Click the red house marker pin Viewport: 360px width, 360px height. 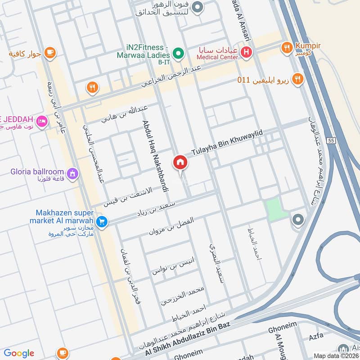180,162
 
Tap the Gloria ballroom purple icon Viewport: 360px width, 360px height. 72,173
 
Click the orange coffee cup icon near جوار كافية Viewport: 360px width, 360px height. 50,53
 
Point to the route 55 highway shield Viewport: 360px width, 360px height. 331,140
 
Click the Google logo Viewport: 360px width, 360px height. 19,353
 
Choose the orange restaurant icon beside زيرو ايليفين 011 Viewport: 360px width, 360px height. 297,80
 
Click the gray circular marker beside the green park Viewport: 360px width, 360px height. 297,220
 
